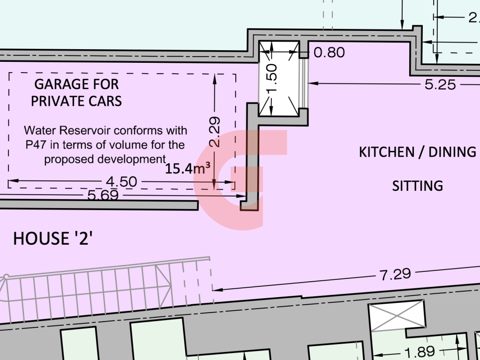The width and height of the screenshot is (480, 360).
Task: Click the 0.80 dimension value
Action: (330, 52)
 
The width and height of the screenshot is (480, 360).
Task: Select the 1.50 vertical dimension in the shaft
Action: (272, 78)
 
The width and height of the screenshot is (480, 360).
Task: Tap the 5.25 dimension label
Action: (440, 85)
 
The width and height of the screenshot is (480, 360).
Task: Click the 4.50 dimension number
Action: (121, 182)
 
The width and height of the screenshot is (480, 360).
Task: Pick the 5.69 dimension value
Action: (103, 195)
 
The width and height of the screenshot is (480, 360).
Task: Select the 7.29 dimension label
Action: (396, 274)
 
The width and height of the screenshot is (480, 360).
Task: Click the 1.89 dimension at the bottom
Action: (420, 352)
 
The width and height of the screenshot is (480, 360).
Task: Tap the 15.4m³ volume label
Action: (187, 169)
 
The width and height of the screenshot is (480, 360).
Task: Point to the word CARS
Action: (107, 101)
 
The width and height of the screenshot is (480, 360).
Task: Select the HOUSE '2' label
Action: (52, 239)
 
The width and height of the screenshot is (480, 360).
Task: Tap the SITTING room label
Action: (418, 186)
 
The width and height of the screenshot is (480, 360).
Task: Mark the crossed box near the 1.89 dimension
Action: (397, 315)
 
